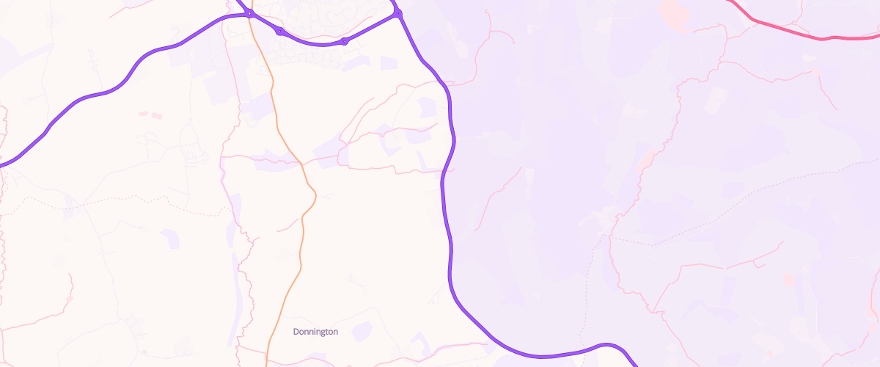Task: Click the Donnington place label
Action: click(x=315, y=332)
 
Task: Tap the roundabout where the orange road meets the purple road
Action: click(x=250, y=14)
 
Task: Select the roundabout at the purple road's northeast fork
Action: click(x=398, y=13)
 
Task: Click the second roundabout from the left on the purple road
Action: click(x=279, y=31)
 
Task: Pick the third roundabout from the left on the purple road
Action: click(x=344, y=41)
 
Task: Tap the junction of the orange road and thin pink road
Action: click(x=302, y=163)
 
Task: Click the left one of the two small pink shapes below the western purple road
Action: click(x=144, y=114)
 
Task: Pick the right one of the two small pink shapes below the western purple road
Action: click(x=156, y=115)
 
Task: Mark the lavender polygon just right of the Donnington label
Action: click(x=361, y=331)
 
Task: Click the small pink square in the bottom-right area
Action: click(x=788, y=280)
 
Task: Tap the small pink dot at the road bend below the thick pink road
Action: click(x=816, y=71)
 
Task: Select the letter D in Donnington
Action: click(x=296, y=332)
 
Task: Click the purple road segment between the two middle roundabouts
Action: click(x=312, y=43)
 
